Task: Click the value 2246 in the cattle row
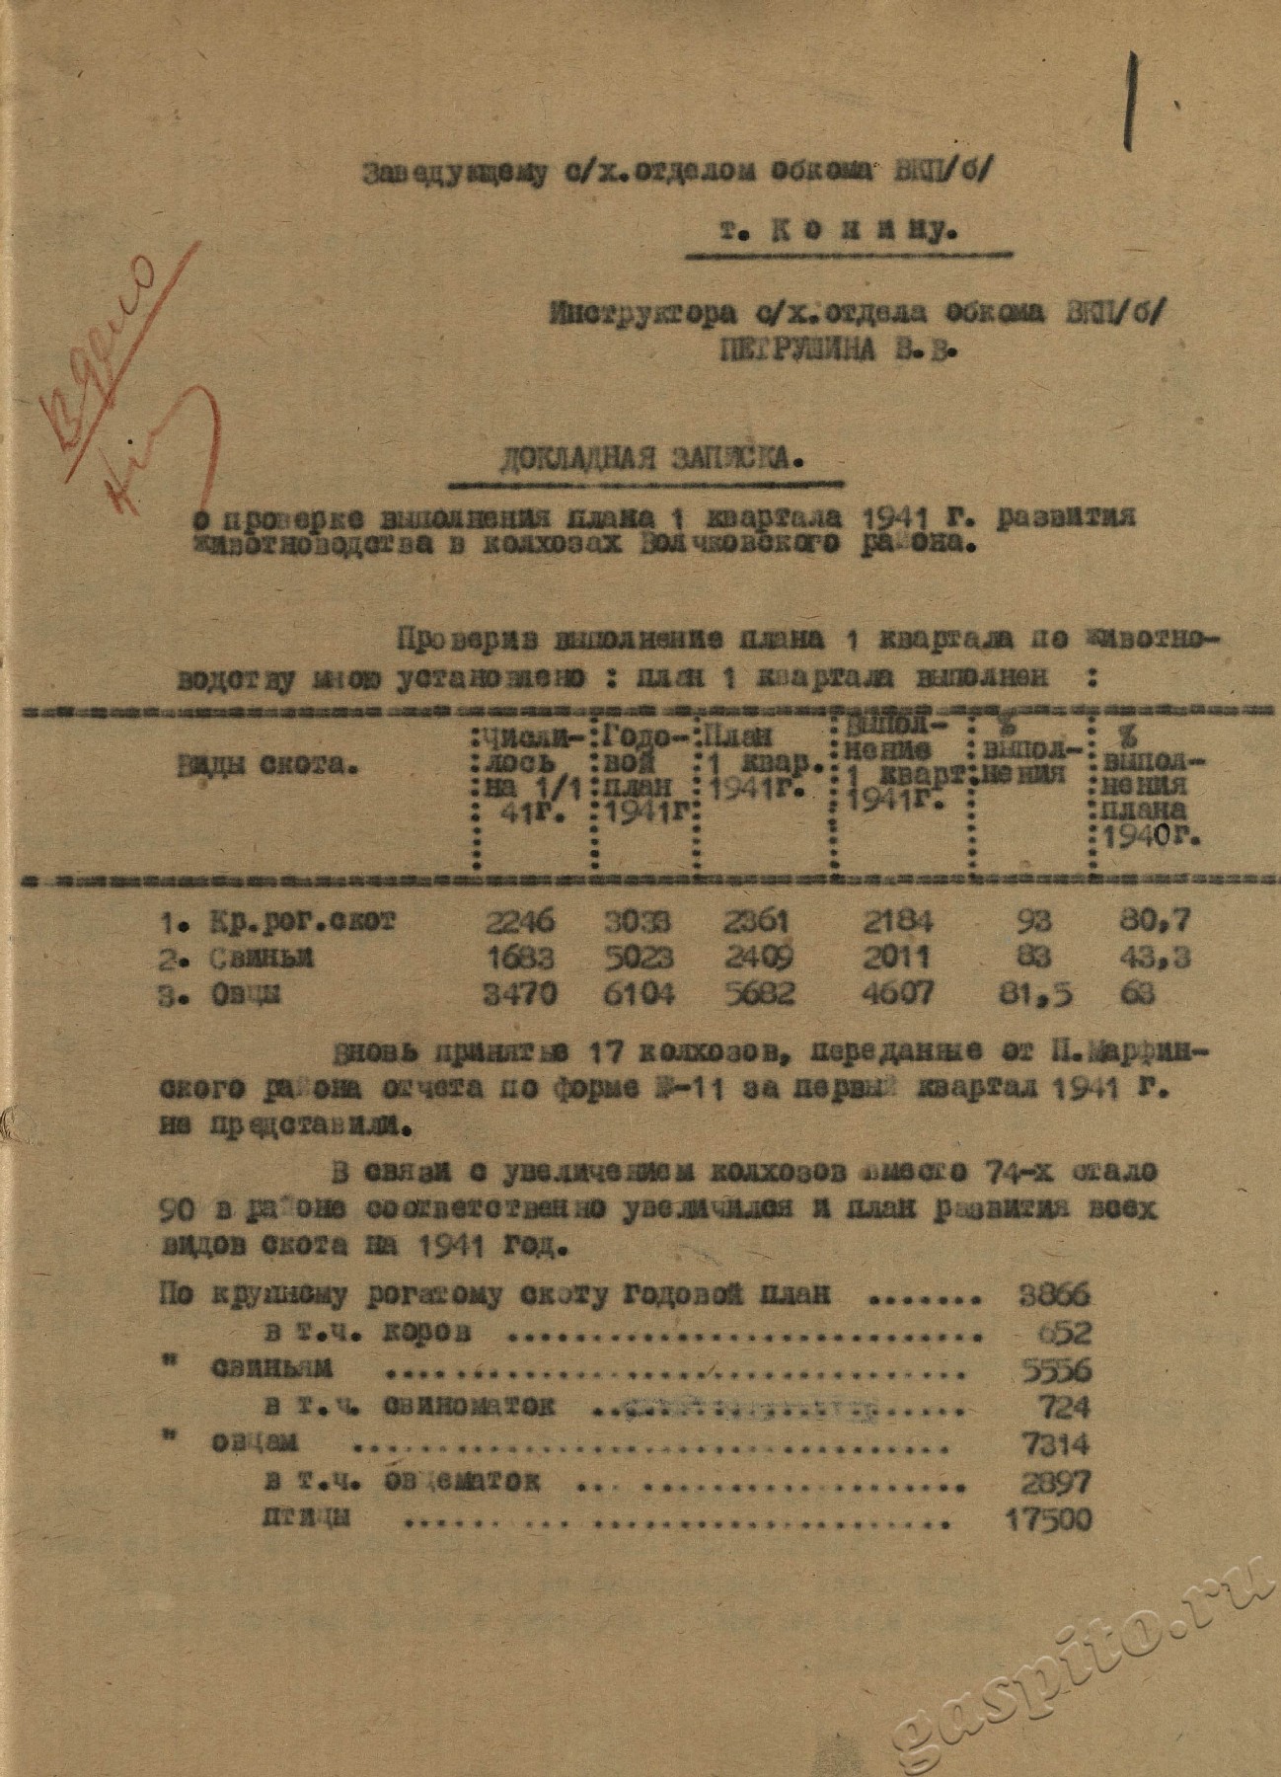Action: (x=519, y=921)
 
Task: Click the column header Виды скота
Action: (x=269, y=762)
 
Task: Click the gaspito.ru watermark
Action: (x=1086, y=1668)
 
